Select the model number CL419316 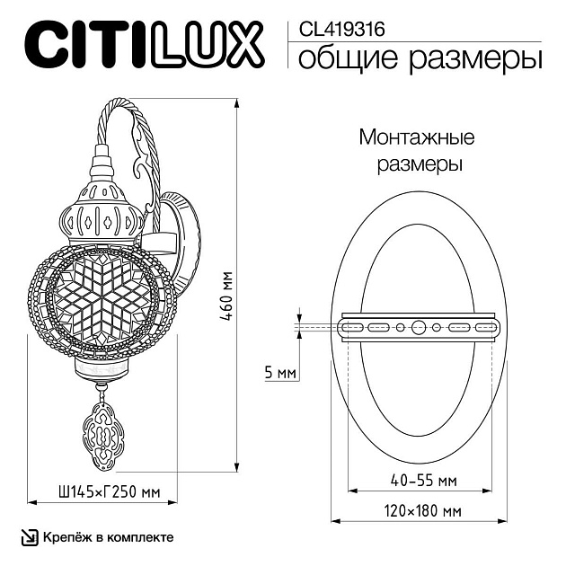[335, 29]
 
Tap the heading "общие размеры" [419, 58]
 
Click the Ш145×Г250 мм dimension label [102, 491]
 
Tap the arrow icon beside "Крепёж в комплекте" [29, 537]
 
